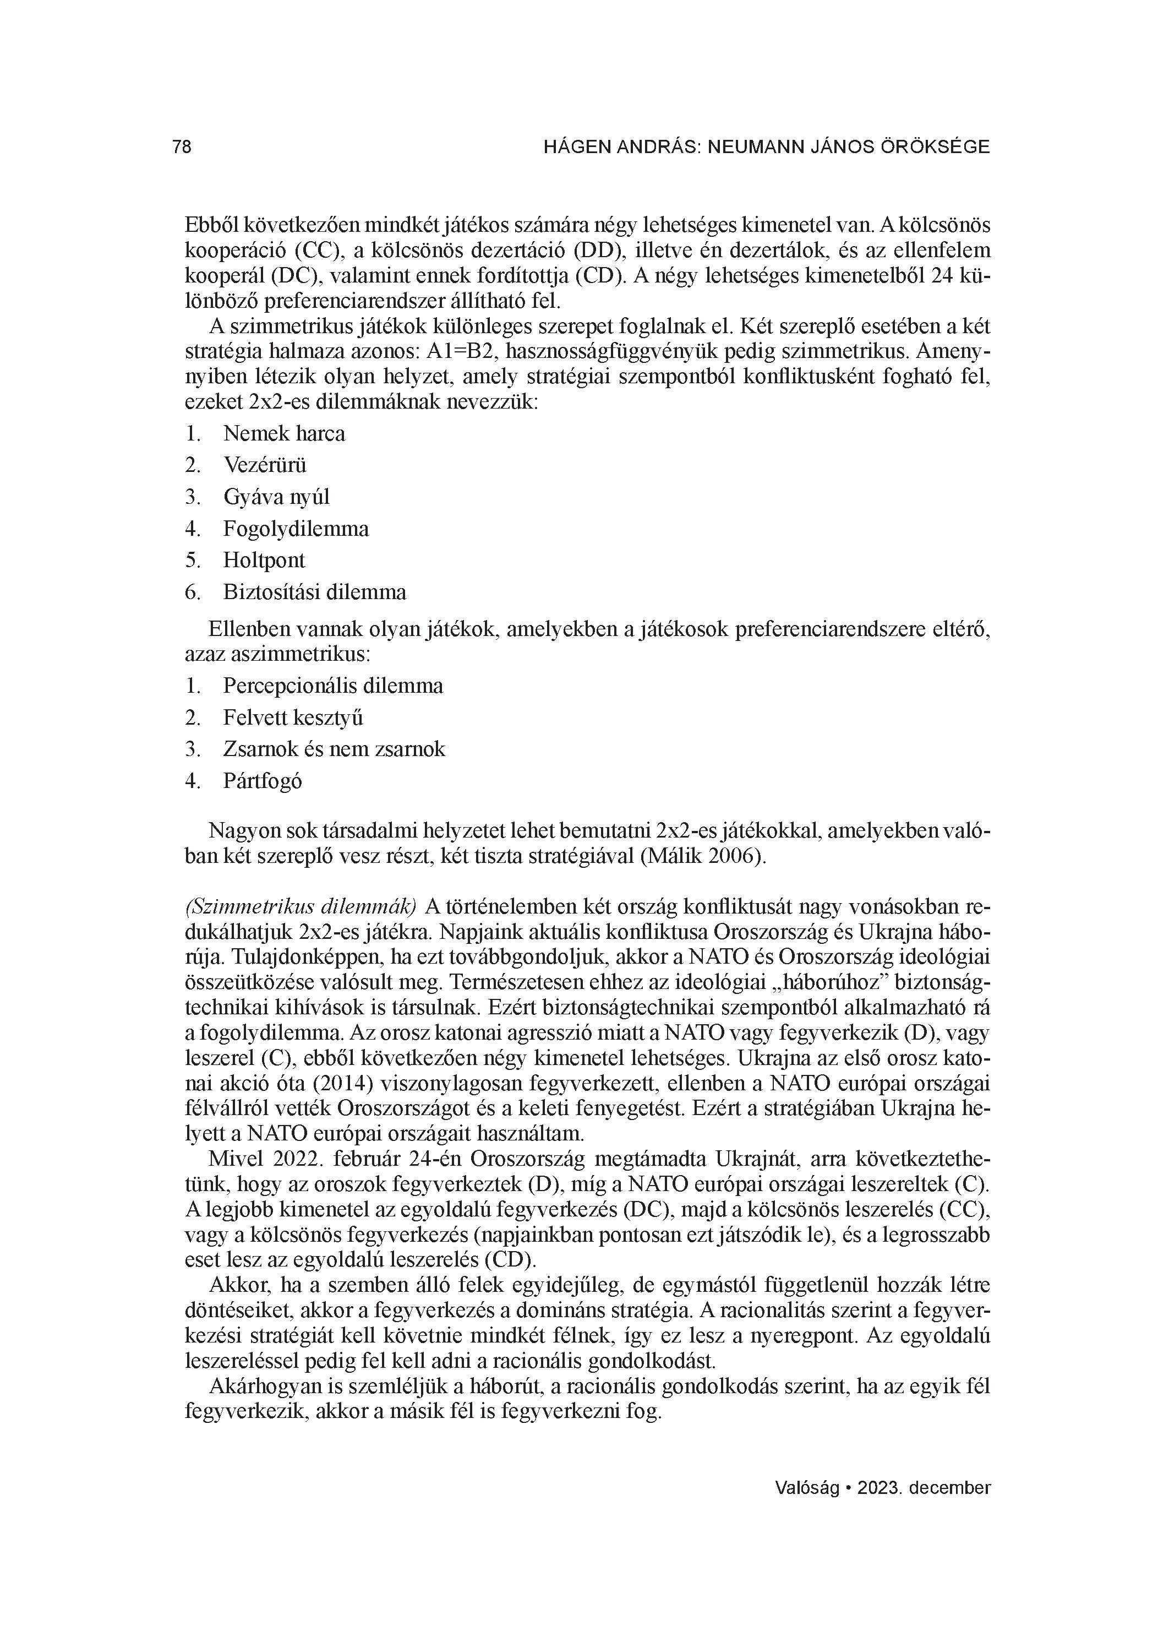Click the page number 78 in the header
pos(182,147)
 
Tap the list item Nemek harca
pos(283,433)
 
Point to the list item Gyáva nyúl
pos(276,497)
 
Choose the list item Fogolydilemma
pos(296,529)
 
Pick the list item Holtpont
pos(264,559)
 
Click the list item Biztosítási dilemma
pos(314,592)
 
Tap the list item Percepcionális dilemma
pos(333,686)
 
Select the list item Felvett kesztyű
pos(293,717)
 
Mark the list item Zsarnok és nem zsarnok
pos(334,749)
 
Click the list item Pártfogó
pos(262,780)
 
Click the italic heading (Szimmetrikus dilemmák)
pos(301,906)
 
